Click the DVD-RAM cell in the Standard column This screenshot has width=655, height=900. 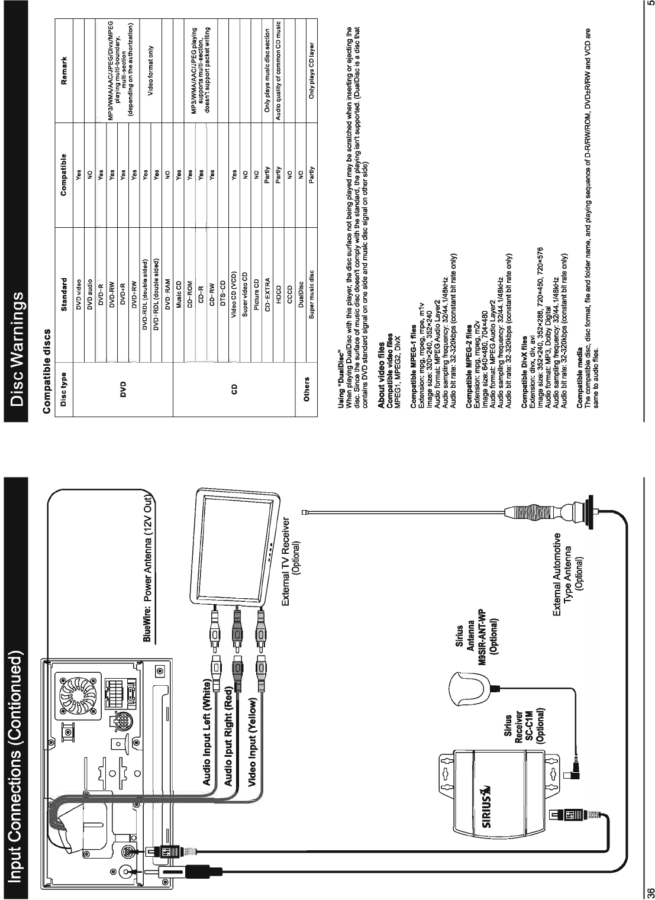[167, 282]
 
